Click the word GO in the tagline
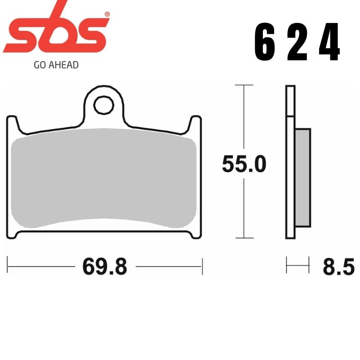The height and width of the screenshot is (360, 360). coord(39,65)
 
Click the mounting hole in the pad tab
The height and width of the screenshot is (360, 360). coord(103,105)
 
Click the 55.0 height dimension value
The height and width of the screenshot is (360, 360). coord(243,165)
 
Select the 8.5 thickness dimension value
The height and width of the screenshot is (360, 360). coord(338,267)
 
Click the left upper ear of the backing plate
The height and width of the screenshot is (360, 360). coord(13,124)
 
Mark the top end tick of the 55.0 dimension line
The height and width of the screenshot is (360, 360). coord(243,85)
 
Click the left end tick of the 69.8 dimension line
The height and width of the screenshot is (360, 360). coord(9,266)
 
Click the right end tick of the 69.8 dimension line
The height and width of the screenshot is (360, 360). coord(202,266)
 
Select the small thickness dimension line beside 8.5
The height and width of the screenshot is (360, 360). coord(298,265)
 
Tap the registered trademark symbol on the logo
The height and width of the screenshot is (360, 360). coord(107,14)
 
